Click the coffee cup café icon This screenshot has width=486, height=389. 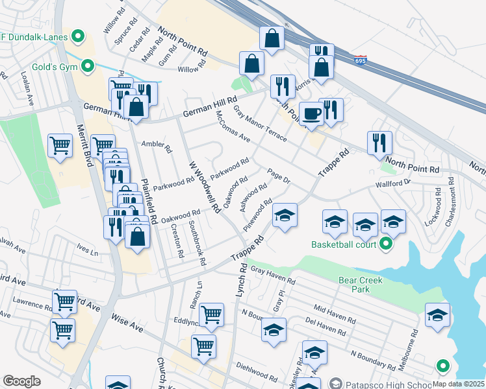click(311, 113)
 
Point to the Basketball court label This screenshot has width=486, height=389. click(344, 244)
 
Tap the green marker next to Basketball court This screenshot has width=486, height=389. click(385, 244)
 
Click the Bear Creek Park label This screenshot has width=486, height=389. click(361, 285)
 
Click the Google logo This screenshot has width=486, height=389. click(22, 381)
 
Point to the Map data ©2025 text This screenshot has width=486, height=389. click(459, 384)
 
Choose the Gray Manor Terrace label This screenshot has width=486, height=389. click(260, 124)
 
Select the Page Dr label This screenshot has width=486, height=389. click(278, 175)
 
